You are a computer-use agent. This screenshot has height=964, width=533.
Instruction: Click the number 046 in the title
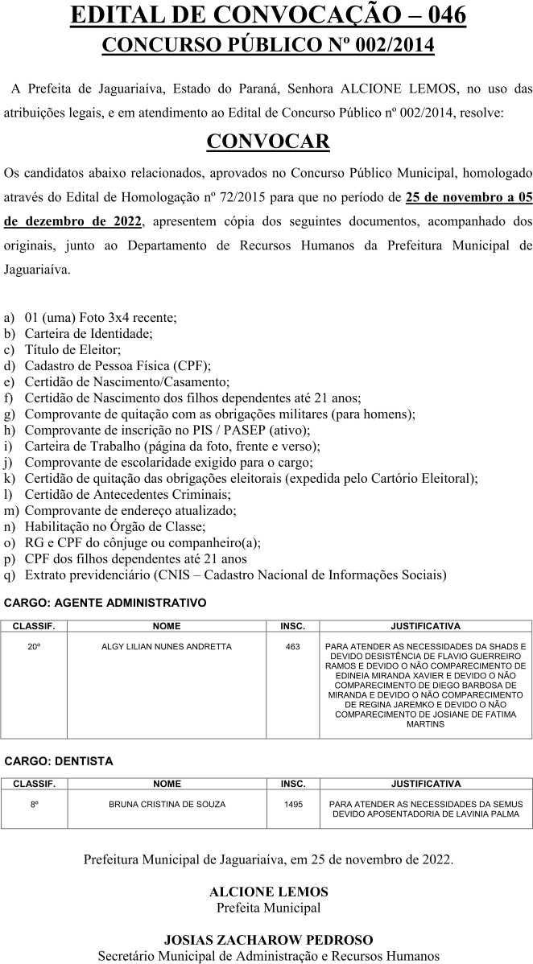[x=441, y=15]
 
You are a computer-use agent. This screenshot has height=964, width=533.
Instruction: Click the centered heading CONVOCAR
[x=267, y=142]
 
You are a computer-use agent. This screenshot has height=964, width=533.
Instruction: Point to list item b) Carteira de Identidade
[x=89, y=333]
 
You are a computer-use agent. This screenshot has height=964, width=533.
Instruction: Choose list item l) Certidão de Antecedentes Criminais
[x=127, y=494]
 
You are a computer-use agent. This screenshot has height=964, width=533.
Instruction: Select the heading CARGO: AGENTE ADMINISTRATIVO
[x=105, y=602]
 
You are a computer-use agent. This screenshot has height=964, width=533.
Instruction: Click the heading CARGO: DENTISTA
[x=59, y=760]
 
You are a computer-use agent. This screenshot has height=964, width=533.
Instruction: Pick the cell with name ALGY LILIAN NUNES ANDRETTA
[x=167, y=646]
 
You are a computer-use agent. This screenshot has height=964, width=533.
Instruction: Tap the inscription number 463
[x=292, y=646]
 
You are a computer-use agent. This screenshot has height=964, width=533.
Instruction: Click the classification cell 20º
[x=34, y=646]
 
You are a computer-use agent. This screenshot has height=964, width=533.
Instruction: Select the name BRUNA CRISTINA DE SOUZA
[x=167, y=804]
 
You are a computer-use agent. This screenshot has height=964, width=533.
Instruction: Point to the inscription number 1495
[x=293, y=804]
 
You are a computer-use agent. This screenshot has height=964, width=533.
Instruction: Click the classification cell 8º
[x=34, y=804]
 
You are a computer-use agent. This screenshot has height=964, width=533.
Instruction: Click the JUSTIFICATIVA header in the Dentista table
[x=425, y=784]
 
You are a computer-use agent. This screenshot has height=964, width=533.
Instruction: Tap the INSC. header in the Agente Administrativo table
[x=292, y=626]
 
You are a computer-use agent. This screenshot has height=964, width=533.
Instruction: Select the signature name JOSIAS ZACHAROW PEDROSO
[x=268, y=940]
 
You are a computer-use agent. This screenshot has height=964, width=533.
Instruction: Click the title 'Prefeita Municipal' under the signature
[x=268, y=908]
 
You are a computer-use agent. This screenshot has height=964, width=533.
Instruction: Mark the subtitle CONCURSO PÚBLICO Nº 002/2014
[x=268, y=46]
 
